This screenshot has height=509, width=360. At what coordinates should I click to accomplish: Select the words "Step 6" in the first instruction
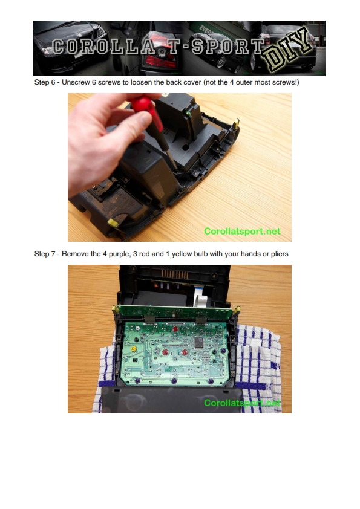[45, 82]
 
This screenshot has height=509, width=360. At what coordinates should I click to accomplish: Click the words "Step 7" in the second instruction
[45, 254]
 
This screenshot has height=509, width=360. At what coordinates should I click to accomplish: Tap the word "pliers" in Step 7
[280, 254]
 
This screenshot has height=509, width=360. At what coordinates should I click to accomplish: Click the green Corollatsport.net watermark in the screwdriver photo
[242, 231]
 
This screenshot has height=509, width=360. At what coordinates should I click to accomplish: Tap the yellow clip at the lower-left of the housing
[113, 222]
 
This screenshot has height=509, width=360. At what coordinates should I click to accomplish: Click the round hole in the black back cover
[186, 148]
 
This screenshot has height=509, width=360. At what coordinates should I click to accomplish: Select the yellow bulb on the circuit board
[133, 349]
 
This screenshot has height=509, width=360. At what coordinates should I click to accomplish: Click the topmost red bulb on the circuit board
[175, 329]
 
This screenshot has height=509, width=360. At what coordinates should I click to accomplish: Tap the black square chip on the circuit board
[198, 342]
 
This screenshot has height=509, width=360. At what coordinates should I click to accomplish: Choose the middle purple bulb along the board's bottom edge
[174, 380]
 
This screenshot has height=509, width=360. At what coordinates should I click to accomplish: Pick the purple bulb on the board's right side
[223, 351]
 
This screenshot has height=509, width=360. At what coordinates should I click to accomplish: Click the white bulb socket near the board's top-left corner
[138, 328]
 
